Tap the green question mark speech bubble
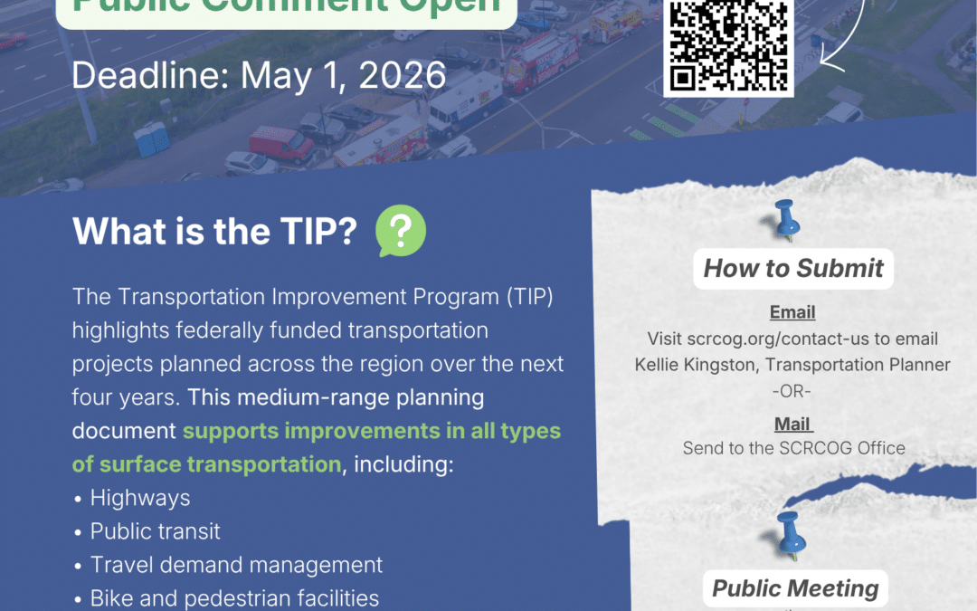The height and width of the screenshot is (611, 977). (400, 232)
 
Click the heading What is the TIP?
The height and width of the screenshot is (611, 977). (214, 233)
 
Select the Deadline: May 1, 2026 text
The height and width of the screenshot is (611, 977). (259, 75)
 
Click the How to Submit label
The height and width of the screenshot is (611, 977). (793, 268)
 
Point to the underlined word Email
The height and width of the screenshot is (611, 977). (792, 312)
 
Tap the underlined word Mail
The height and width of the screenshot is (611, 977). (792, 423)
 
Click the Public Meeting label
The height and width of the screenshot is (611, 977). (795, 588)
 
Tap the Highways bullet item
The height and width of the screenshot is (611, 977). (140, 498)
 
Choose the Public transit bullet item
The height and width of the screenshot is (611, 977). (155, 531)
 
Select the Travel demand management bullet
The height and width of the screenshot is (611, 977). (236, 565)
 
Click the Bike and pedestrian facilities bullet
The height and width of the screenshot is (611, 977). (234, 598)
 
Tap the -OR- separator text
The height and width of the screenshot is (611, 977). (792, 390)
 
